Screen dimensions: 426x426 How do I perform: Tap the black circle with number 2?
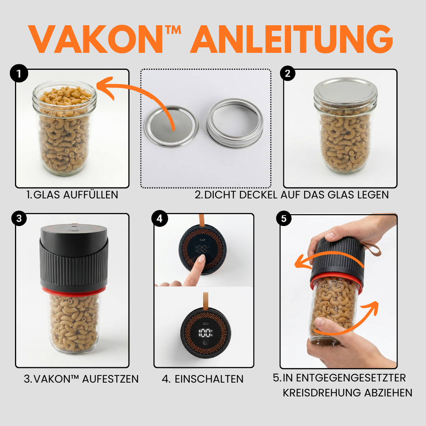pos(288,73)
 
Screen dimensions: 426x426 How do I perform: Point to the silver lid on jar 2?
pos(346,90)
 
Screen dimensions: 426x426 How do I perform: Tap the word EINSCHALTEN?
pos(209,379)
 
